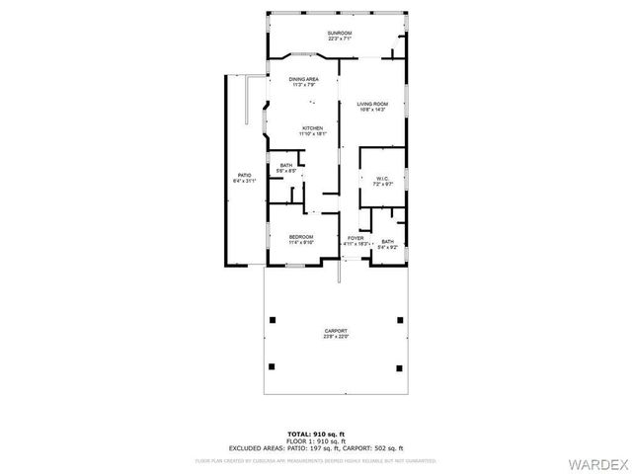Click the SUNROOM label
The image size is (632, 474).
(339, 34)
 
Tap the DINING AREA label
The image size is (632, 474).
(303, 79)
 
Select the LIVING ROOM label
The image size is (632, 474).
(371, 103)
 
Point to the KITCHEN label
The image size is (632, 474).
(313, 128)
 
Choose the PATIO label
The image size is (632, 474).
(244, 176)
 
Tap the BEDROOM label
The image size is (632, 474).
(301, 236)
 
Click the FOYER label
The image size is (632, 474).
(355, 237)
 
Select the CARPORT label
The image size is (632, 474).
(336, 331)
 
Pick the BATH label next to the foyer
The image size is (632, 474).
(387, 241)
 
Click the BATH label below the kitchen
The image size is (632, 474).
(286, 166)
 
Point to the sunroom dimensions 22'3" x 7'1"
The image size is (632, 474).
(339, 39)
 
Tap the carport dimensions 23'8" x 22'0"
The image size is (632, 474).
(336, 337)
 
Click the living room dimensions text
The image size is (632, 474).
(371, 109)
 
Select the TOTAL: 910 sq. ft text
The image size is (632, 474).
(315, 434)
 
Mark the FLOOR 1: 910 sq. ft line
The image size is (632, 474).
(315, 440)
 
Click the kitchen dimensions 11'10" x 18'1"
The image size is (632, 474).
(313, 134)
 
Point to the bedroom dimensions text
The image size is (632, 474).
(301, 242)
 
